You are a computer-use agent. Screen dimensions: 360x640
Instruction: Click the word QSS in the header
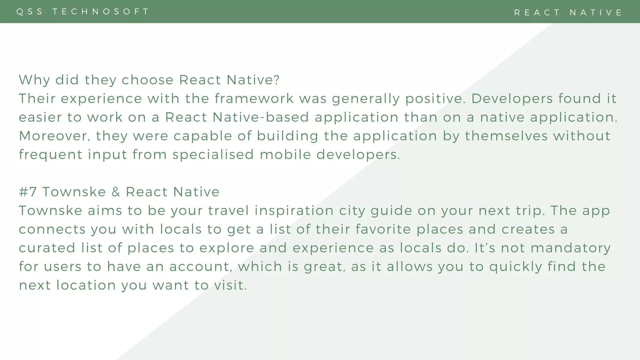(30, 12)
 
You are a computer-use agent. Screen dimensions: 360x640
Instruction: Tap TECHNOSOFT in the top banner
(101, 12)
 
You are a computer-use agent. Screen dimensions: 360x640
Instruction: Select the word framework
(254, 99)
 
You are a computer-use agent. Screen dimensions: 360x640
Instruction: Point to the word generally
(366, 99)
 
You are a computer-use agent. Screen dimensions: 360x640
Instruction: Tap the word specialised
(213, 155)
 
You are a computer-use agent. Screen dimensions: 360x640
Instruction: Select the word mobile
(285, 155)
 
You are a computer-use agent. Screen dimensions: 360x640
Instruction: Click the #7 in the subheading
(28, 192)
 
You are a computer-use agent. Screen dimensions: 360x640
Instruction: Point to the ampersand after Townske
(116, 192)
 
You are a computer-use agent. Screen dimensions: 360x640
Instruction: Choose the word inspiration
(294, 211)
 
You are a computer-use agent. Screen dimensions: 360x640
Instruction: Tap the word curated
(47, 248)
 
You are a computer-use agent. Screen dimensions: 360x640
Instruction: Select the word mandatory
(571, 248)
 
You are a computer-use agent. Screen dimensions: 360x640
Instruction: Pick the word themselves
(506, 136)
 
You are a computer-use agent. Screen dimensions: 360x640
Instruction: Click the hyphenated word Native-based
(261, 117)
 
